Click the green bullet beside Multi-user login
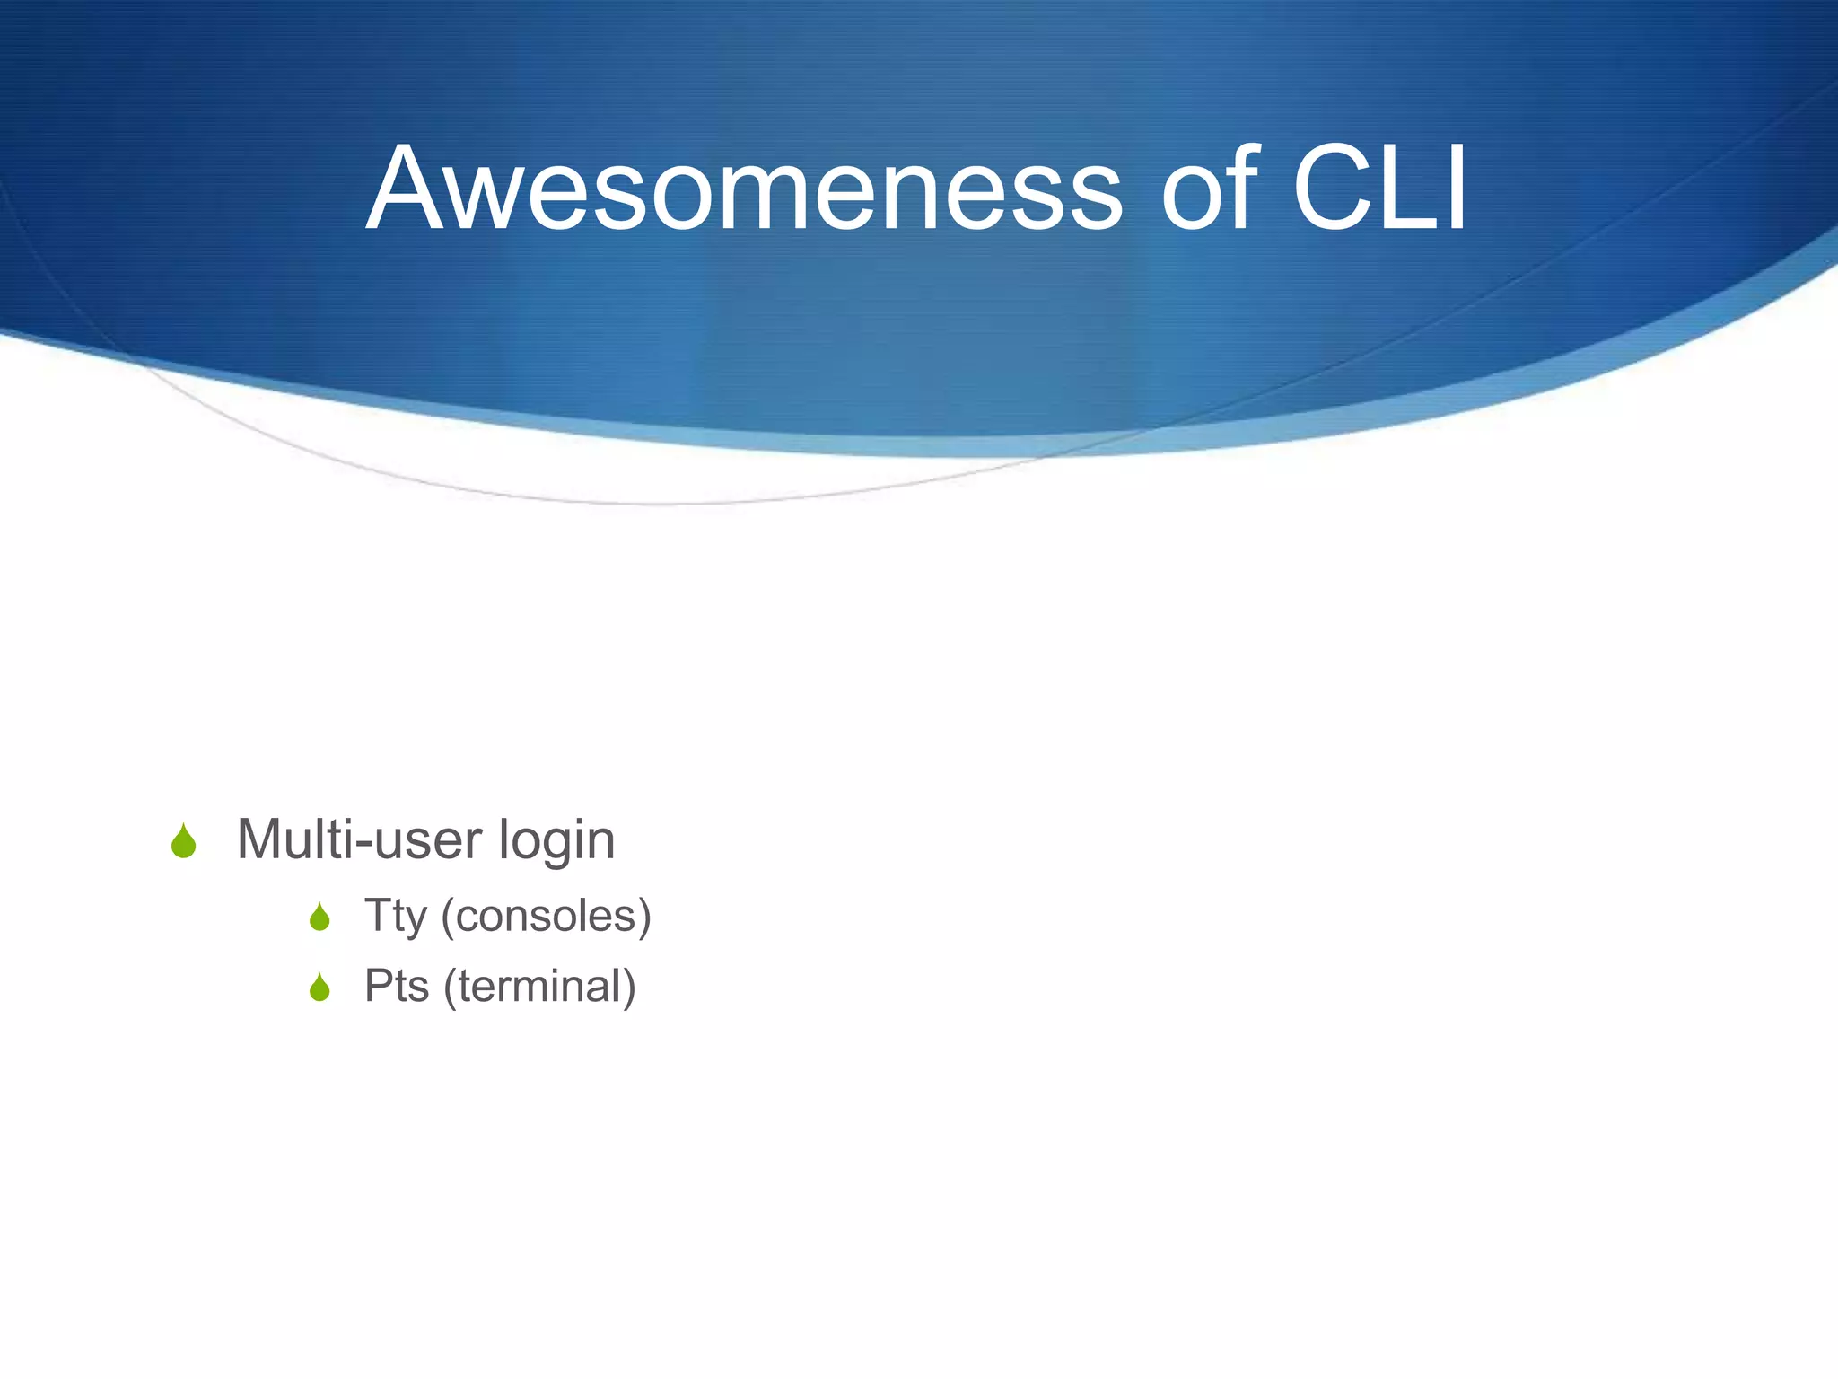click(184, 842)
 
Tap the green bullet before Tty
click(319, 918)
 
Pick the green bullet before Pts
click(319, 988)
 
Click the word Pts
click(396, 987)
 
